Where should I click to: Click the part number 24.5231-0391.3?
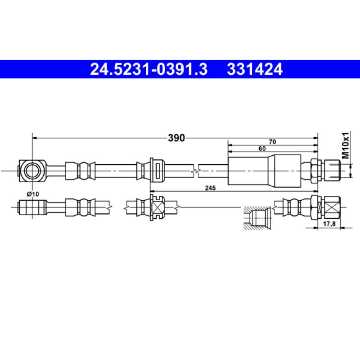coord(149,69)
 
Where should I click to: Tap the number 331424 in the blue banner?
coord(255,69)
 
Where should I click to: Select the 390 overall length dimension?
coord(176,138)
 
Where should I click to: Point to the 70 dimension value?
coord(273,142)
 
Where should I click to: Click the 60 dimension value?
coord(262,148)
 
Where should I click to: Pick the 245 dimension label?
coord(210,188)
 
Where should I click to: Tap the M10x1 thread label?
coord(345,145)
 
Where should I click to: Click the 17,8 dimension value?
coord(329,224)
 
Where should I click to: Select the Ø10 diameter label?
coord(33,194)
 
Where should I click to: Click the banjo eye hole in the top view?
coord(32,171)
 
